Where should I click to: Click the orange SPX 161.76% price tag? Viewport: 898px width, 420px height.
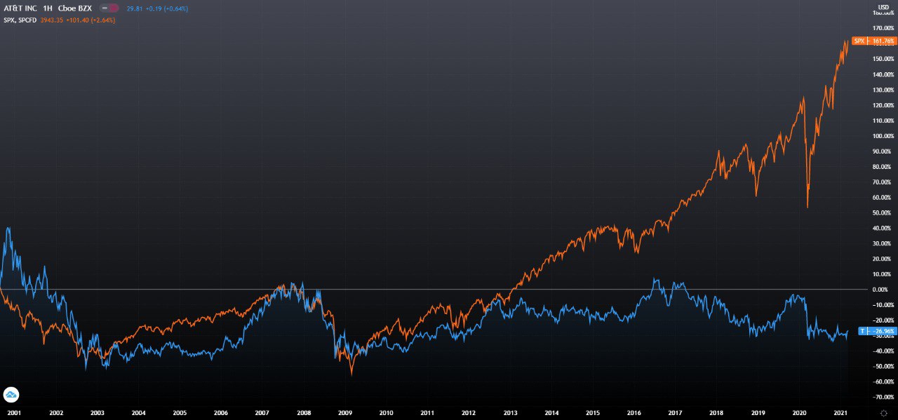tap(873, 41)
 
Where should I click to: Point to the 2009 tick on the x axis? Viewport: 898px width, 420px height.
tap(344, 414)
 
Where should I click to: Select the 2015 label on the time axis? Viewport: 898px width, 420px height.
tap(593, 414)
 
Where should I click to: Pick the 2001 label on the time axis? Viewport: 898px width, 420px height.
tap(13, 414)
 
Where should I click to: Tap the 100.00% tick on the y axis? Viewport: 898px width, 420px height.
tap(883, 136)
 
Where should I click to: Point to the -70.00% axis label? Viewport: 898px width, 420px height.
tap(883, 397)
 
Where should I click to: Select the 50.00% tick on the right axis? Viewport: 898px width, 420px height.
tap(884, 212)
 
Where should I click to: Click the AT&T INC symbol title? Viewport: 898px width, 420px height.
tap(20, 8)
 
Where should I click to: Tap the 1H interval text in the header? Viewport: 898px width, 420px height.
tap(47, 8)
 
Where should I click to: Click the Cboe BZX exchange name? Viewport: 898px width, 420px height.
tap(75, 8)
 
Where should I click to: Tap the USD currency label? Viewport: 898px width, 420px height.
tap(883, 7)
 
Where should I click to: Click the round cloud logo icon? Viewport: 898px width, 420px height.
tap(11, 394)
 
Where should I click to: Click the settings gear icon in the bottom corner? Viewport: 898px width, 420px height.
tap(883, 414)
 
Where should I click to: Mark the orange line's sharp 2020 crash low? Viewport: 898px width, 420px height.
tap(807, 207)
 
